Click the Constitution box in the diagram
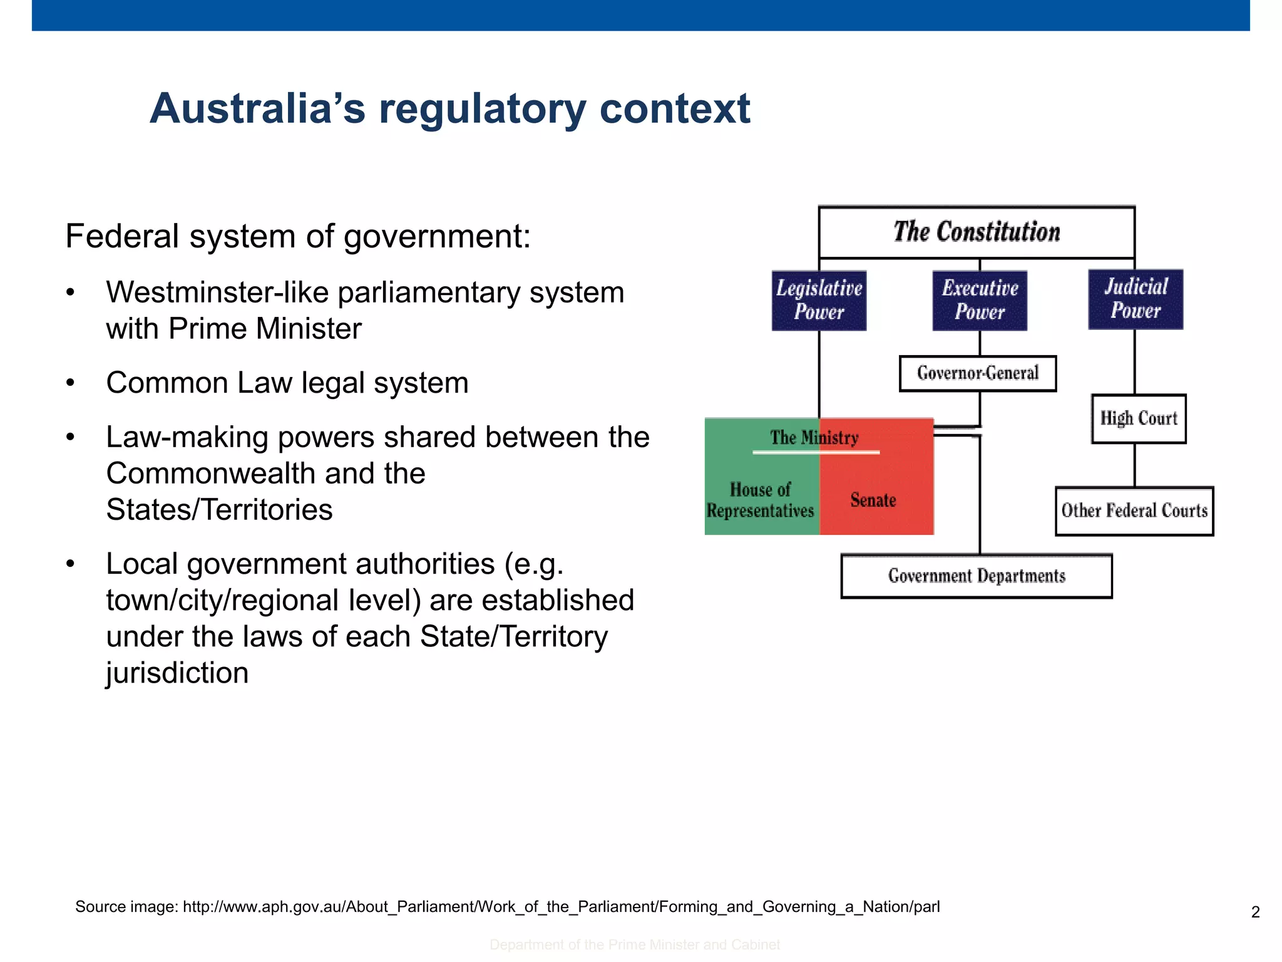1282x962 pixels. coord(977,232)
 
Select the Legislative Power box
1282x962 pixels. coord(819,300)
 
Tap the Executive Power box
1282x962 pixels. coord(980,300)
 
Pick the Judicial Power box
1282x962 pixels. coord(1136,299)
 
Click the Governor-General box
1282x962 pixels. coord(978,373)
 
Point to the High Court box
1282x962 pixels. coord(1139,418)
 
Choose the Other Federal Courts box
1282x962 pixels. coord(1134,510)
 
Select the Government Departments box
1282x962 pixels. coord(977,576)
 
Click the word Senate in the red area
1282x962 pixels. coord(873,500)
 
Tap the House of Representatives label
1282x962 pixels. coord(761,500)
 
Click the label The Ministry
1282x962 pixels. coord(814,437)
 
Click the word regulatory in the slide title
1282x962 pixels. coord(482,109)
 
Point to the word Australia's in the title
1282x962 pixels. coord(257,109)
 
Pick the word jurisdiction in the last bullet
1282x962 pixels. coord(177,673)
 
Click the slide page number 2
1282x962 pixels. coord(1255,912)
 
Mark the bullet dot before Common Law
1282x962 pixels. coord(71,383)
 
